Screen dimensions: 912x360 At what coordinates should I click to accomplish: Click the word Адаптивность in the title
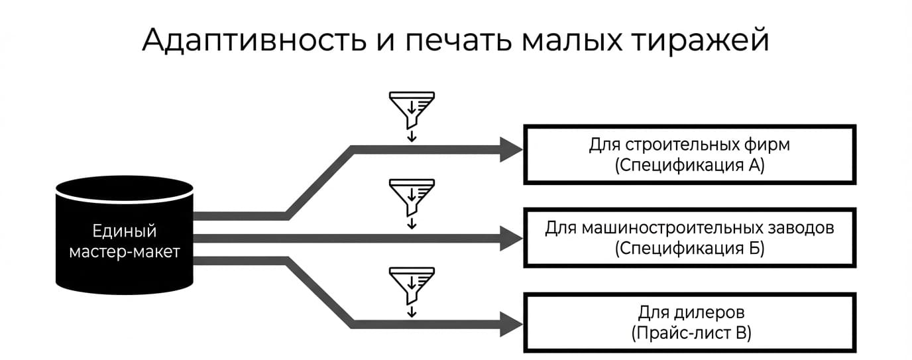tap(255, 40)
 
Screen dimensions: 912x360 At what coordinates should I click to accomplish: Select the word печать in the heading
tap(458, 40)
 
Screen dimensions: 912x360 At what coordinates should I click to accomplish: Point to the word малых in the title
tap(571, 40)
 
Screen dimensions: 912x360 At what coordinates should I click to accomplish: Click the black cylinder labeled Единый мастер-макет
tap(125, 235)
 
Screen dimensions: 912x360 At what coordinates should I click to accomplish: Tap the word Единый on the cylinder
tap(125, 231)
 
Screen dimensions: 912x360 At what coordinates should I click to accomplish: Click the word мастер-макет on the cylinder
tap(125, 252)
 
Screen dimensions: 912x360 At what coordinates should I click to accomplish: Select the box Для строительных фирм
tap(690, 154)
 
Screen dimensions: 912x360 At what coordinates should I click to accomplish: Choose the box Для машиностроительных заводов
tap(690, 238)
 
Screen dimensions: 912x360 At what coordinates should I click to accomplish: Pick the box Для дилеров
tap(690, 322)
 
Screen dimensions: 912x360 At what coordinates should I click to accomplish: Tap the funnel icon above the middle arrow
tap(412, 198)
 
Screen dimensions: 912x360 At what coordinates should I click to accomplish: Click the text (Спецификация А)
tap(690, 165)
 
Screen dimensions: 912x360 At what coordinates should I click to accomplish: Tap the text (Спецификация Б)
tap(690, 249)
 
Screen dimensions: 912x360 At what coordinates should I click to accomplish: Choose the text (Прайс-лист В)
tap(691, 333)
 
